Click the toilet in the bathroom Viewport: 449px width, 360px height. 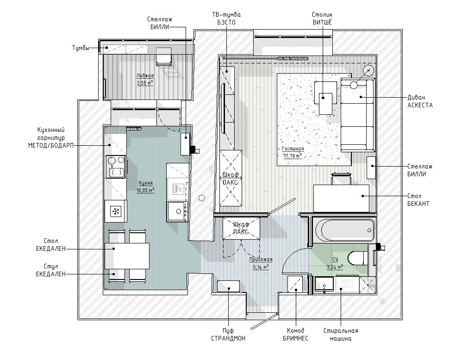[x=357, y=258]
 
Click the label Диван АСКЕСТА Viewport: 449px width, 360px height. [x=420, y=101]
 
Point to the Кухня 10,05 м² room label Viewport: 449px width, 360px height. [x=146, y=186]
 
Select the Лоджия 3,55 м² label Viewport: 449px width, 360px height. [x=145, y=79]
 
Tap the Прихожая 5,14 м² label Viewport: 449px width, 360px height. [x=261, y=263]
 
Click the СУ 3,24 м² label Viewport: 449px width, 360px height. [x=335, y=263]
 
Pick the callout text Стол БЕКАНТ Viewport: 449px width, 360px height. [x=418, y=200]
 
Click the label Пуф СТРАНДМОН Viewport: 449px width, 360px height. [x=228, y=335]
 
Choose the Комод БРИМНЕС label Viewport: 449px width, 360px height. [x=295, y=335]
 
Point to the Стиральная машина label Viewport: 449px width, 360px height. [x=341, y=335]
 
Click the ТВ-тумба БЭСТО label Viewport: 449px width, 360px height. [x=226, y=19]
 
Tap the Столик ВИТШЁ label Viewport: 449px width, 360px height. [x=323, y=19]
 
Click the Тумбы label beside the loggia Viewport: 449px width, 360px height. [x=81, y=48]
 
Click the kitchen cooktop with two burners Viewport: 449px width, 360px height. [x=116, y=166]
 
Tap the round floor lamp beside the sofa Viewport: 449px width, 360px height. [x=368, y=70]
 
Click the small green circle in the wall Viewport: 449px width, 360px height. [x=202, y=198]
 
